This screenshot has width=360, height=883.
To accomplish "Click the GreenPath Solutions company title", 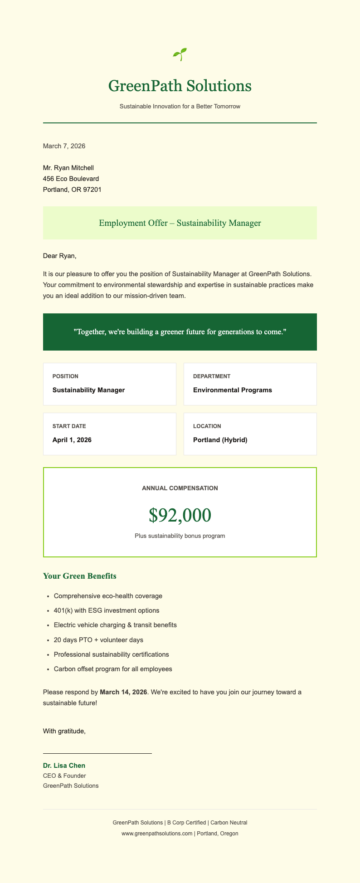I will [180, 86].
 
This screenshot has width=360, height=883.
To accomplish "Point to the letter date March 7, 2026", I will [64, 146].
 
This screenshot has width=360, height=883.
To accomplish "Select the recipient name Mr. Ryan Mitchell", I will [68, 168].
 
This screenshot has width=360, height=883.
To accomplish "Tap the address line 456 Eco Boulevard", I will [71, 179].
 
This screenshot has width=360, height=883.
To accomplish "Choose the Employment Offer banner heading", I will [180, 223].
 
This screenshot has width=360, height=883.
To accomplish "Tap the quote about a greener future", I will [180, 332].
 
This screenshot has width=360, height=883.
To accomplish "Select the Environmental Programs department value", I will [233, 390].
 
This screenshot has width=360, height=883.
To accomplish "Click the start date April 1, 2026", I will [72, 440].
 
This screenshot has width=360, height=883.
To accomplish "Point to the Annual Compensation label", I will [180, 488].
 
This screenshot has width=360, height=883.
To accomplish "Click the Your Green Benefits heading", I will [80, 576].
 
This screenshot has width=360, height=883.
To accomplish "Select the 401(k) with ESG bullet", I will [106, 610].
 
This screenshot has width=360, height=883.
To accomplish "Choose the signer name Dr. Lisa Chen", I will [64, 766].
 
